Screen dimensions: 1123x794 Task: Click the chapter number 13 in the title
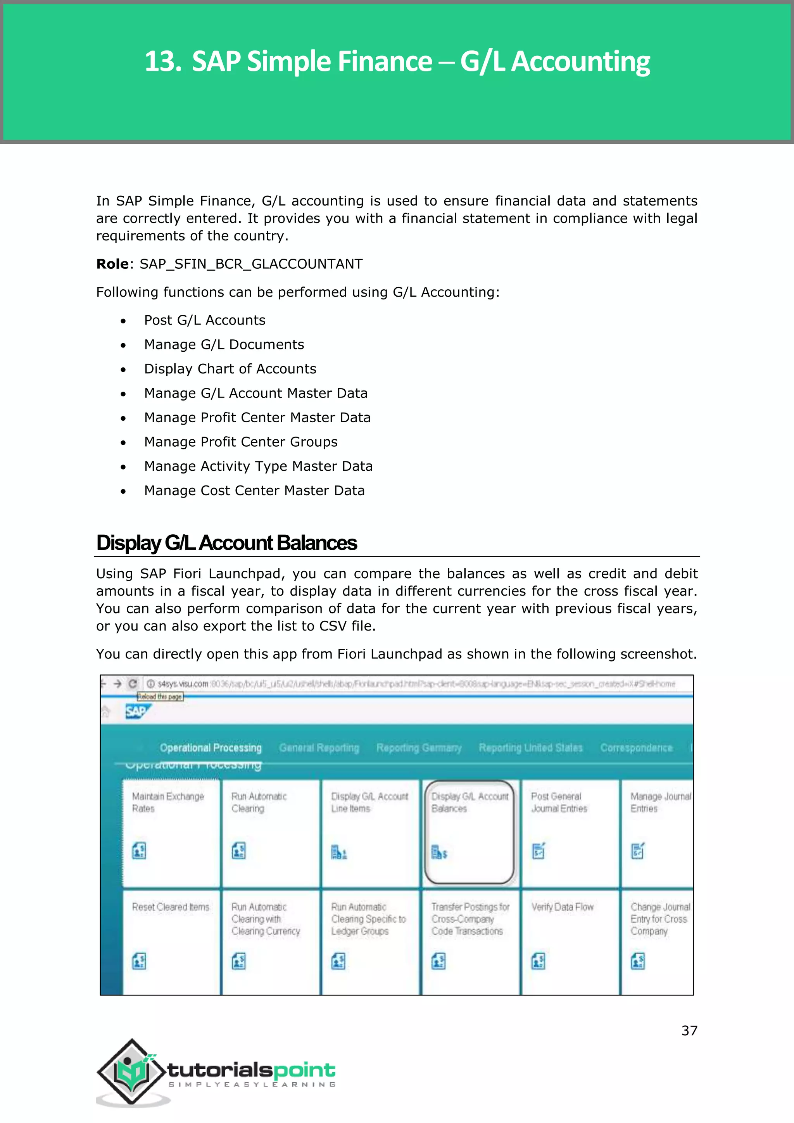coord(162,62)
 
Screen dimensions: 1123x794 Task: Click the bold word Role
coord(112,264)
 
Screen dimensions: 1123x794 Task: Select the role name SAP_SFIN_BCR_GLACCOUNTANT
coord(251,264)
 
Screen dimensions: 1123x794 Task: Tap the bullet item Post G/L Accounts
coord(204,320)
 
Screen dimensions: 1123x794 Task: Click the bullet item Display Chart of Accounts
coord(230,369)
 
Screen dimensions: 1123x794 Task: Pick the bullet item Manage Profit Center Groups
coord(240,442)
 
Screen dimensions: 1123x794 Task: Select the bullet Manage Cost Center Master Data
coord(254,491)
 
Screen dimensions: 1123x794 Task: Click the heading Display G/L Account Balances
coord(226,543)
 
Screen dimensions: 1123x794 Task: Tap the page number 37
coord(689,1031)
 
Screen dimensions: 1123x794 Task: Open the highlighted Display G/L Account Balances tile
coord(469,831)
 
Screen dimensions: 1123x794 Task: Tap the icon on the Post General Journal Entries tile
coord(538,851)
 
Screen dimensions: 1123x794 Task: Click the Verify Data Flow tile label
coord(562,907)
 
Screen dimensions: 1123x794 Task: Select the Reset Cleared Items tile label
coord(170,907)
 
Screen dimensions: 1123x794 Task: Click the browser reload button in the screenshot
coord(133,684)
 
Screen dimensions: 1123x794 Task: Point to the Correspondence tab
coord(636,748)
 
